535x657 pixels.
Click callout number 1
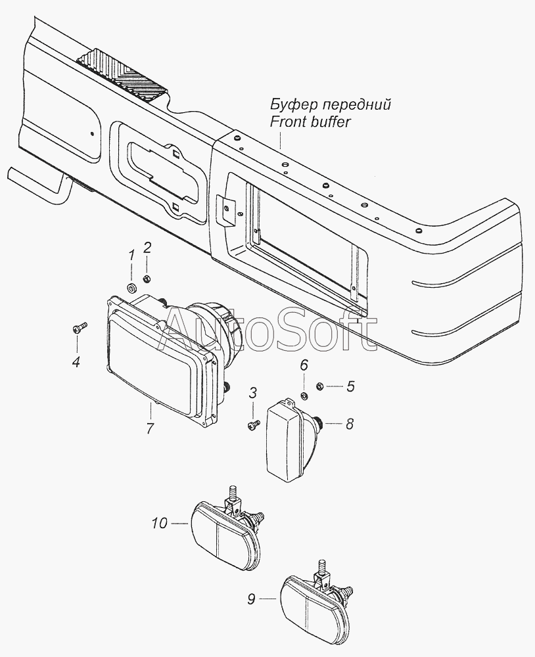(x=131, y=254)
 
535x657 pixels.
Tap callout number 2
(x=147, y=248)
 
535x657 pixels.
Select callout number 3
(x=252, y=394)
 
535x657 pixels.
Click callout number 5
(x=350, y=386)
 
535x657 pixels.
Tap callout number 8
(x=349, y=424)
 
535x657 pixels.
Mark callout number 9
(x=252, y=599)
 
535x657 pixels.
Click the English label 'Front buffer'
(x=311, y=122)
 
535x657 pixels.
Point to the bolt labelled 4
(x=78, y=327)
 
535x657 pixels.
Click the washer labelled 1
(x=131, y=288)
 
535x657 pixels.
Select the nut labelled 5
(x=319, y=385)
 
